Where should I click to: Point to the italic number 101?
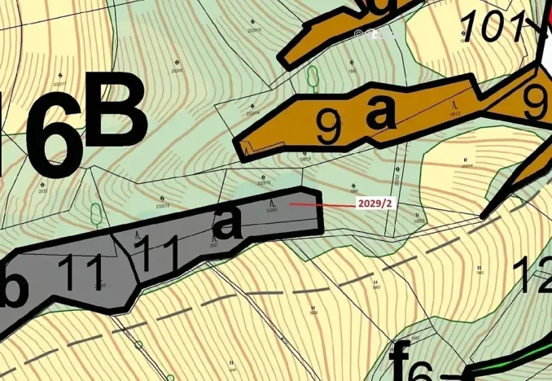pos(493,28)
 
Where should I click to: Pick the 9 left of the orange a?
pos(328,127)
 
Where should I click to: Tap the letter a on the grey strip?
pos(229,221)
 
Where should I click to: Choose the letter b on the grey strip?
pos(14,288)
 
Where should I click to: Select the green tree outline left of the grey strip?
pos(96,214)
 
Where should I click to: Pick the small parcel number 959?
pos(313,312)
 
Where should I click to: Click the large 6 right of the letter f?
pos(421,370)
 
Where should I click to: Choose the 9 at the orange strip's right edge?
pos(536,102)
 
